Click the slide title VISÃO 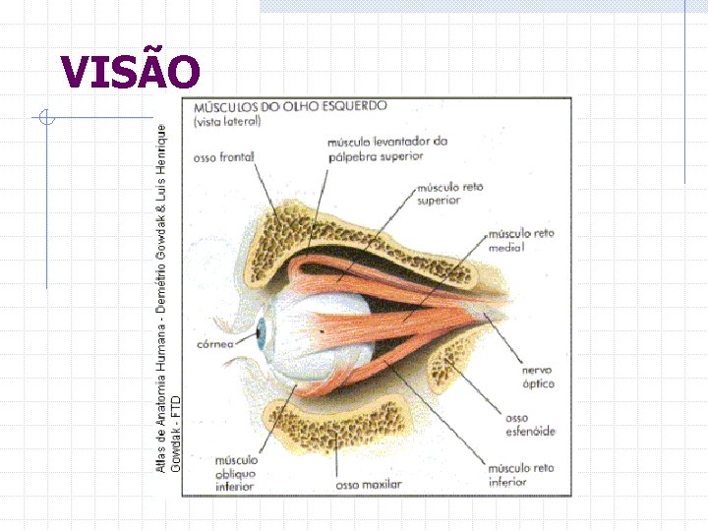[130, 71]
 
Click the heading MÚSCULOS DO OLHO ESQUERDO [290, 106]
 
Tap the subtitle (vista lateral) [227, 122]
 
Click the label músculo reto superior [450, 193]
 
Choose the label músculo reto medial [522, 240]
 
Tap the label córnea [214, 344]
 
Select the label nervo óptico [538, 377]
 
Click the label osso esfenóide [530, 425]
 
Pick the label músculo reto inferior [521, 475]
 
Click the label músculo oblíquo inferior [236, 473]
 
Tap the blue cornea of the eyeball [263, 335]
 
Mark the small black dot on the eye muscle [324, 331]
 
